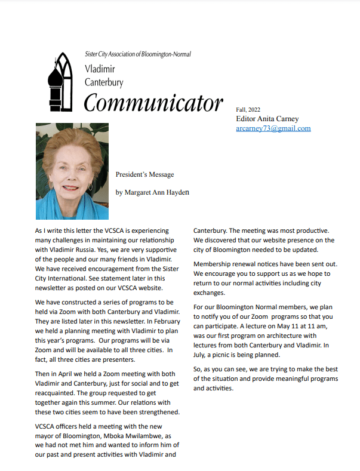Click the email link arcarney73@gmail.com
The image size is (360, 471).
[273, 128]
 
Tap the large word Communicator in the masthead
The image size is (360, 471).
[153, 103]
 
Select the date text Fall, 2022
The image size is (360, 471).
[248, 109]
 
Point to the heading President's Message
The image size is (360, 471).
[144, 175]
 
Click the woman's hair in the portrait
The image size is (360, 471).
[72, 143]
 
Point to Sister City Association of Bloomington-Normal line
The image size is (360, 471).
[138, 54]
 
